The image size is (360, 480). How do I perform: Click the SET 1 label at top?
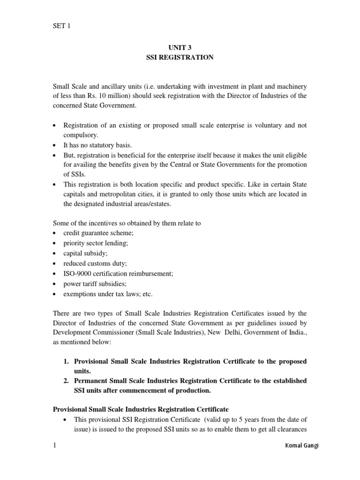(x=61, y=26)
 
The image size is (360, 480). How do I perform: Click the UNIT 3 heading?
(x=180, y=48)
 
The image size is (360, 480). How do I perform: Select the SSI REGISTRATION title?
(x=180, y=57)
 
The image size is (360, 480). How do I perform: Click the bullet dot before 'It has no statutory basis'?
(x=55, y=145)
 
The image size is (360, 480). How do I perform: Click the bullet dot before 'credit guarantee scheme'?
(x=55, y=233)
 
